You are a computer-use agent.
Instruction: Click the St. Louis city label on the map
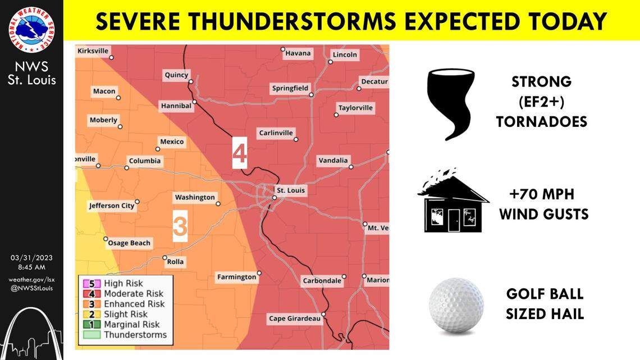[291, 190]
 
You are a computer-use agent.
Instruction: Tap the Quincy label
[176, 75]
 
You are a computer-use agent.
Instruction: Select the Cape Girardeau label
[295, 318]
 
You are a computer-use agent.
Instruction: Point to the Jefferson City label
[112, 206]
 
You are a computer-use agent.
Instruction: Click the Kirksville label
[93, 51]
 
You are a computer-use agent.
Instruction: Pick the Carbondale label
[322, 280]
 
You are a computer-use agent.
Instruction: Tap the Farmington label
[236, 277]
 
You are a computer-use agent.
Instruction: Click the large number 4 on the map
[240, 153]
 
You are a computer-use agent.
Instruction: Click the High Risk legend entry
[123, 284]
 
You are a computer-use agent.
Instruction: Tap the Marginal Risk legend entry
[131, 324]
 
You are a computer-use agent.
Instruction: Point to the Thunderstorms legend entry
[135, 335]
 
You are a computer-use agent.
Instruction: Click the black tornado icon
[451, 104]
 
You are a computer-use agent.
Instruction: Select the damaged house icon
[451, 202]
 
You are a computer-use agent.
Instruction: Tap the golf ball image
[456, 306]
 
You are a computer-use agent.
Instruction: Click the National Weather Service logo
[31, 29]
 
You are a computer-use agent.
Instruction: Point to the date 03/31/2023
[31, 258]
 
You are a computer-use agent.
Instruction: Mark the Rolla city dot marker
[164, 258]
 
